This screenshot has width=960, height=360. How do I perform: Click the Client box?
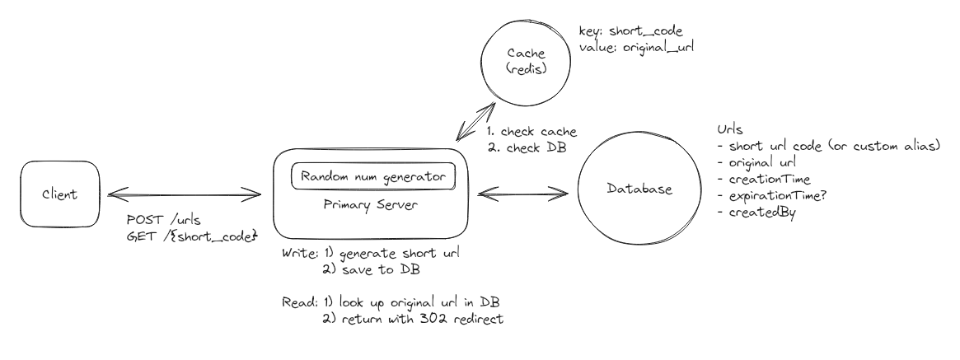click(60, 195)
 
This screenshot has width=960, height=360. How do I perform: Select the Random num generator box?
click(372, 177)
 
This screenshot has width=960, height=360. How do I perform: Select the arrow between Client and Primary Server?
click(184, 196)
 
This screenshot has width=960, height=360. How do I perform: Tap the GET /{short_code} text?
click(189, 238)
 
